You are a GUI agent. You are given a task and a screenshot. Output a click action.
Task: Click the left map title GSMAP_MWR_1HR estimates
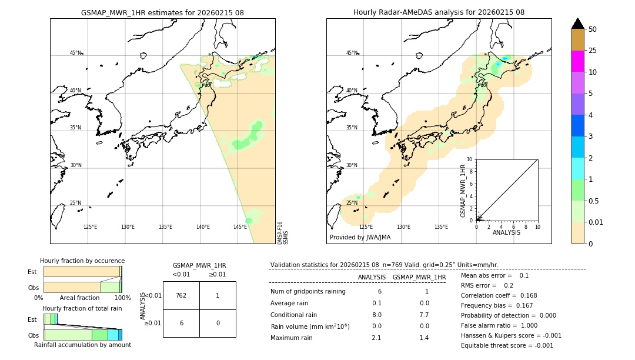point(162,12)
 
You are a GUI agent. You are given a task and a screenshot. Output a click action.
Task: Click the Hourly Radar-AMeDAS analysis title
point(439,12)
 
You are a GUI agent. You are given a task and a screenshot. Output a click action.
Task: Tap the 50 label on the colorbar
point(593,29)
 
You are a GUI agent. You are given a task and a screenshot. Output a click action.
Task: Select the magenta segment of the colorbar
point(577,61)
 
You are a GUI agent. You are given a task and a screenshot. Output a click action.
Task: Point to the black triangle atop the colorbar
point(577,24)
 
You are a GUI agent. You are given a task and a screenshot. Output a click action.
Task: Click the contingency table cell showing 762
point(181,295)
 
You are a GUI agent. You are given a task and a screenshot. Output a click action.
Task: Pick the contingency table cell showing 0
point(218,323)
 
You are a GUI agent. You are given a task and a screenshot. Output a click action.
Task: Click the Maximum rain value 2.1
point(376,338)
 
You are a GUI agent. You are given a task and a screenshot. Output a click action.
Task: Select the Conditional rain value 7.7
point(423,315)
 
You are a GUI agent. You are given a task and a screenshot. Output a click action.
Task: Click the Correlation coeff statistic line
point(499,296)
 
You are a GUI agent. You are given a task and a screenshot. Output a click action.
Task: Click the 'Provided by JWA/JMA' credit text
point(360,238)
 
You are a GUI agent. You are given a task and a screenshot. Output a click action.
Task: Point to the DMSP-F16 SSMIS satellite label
point(283,233)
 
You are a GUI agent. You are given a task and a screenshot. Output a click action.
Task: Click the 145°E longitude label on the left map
point(240,227)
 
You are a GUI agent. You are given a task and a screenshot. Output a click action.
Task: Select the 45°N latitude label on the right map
point(352,53)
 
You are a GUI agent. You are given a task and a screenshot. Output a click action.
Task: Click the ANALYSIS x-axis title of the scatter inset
point(506,232)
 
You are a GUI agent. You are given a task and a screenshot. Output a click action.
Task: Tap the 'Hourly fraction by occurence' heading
point(82,261)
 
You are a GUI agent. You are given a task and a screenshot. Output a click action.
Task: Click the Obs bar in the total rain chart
point(82,335)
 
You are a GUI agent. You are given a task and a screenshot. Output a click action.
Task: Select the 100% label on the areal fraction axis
point(122,298)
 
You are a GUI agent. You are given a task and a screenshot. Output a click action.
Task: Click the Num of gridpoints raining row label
point(308,292)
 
